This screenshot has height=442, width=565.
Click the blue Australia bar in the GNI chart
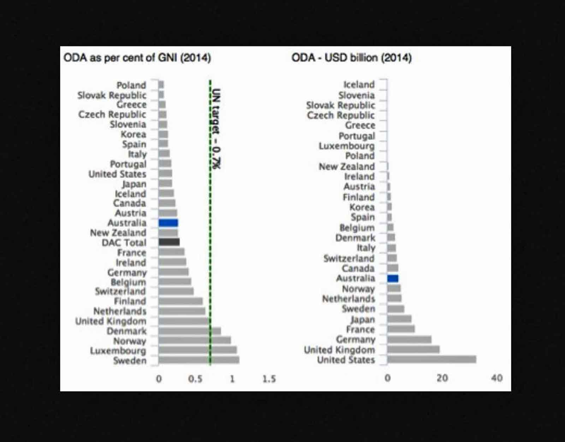coord(168,223)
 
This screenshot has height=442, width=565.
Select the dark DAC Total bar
coord(169,242)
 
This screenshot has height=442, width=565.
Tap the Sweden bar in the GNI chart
coord(198,360)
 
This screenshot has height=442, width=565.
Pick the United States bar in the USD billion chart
coord(432,359)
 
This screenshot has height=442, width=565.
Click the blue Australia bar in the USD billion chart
coord(393,279)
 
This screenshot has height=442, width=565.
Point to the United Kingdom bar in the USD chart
coord(413,350)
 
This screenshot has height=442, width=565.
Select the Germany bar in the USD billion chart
coord(409,340)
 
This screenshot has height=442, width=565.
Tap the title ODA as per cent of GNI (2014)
coord(137,58)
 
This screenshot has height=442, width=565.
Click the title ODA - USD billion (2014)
coord(351,58)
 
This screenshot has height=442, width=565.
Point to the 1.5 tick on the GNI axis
coord(269,379)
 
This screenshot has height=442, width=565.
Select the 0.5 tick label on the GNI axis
coord(195,379)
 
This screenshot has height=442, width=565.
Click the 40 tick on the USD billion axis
coord(496,378)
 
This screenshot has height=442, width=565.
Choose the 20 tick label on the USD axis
coord(442,378)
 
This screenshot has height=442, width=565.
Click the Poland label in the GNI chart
coord(131,85)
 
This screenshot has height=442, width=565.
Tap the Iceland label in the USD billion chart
coord(359,84)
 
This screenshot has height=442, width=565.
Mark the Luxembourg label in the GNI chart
coord(118,351)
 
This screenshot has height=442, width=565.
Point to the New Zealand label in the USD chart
coord(346,166)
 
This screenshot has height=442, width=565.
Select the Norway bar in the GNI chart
coord(194,340)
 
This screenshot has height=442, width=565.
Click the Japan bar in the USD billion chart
coord(399,319)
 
